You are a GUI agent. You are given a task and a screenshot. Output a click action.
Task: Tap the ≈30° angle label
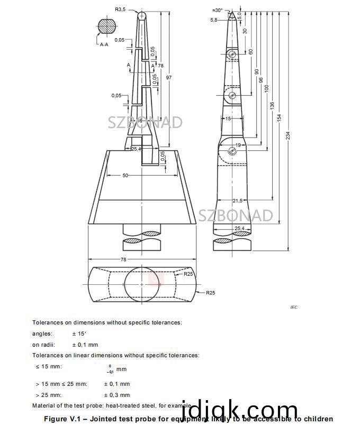click(x=217, y=10)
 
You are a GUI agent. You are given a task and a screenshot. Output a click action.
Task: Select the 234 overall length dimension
click(x=288, y=135)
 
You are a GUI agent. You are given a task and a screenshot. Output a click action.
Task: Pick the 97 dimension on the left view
click(x=169, y=78)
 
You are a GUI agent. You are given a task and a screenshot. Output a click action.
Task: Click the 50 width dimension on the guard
click(x=125, y=175)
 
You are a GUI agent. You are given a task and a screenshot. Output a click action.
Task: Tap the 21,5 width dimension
click(x=238, y=201)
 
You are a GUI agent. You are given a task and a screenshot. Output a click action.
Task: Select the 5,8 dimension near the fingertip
click(x=214, y=20)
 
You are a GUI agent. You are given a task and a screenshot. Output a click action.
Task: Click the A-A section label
click(x=105, y=45)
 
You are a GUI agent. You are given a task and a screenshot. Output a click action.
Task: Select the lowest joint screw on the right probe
click(x=232, y=151)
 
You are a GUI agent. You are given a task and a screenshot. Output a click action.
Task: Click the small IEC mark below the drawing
click(x=294, y=307)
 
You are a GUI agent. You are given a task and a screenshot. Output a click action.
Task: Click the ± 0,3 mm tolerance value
click(x=116, y=395)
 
